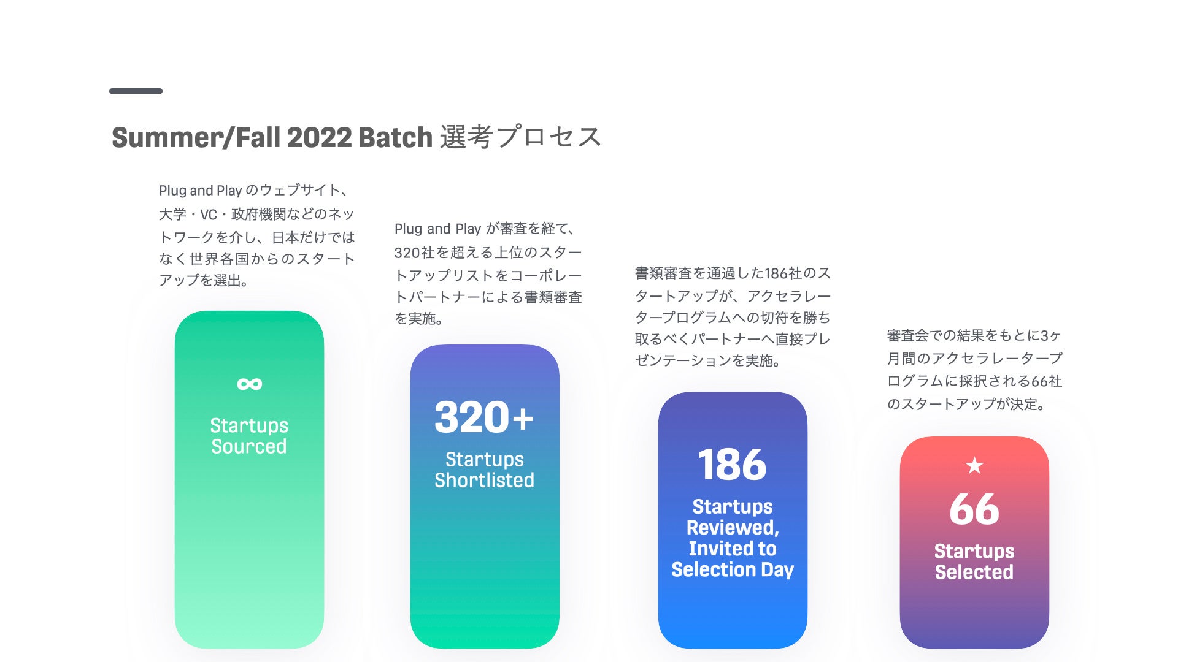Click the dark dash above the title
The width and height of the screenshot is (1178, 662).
136,91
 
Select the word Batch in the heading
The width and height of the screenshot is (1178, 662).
396,138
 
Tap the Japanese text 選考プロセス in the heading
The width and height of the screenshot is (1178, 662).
520,137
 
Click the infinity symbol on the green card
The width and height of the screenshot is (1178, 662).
250,384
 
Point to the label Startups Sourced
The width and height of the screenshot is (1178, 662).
249,436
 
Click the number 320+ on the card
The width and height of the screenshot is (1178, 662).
484,417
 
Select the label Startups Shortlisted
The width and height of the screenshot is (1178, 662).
485,470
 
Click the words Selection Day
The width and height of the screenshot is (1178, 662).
733,569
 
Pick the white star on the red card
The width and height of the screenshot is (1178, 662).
974,466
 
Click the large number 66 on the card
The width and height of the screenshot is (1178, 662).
974,509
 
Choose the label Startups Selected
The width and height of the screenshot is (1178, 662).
974,561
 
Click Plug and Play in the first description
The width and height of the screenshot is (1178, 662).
201,191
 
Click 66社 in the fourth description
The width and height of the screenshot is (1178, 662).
1047,381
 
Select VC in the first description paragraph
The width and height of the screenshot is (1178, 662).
209,215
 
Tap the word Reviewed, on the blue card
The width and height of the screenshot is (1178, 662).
733,528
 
